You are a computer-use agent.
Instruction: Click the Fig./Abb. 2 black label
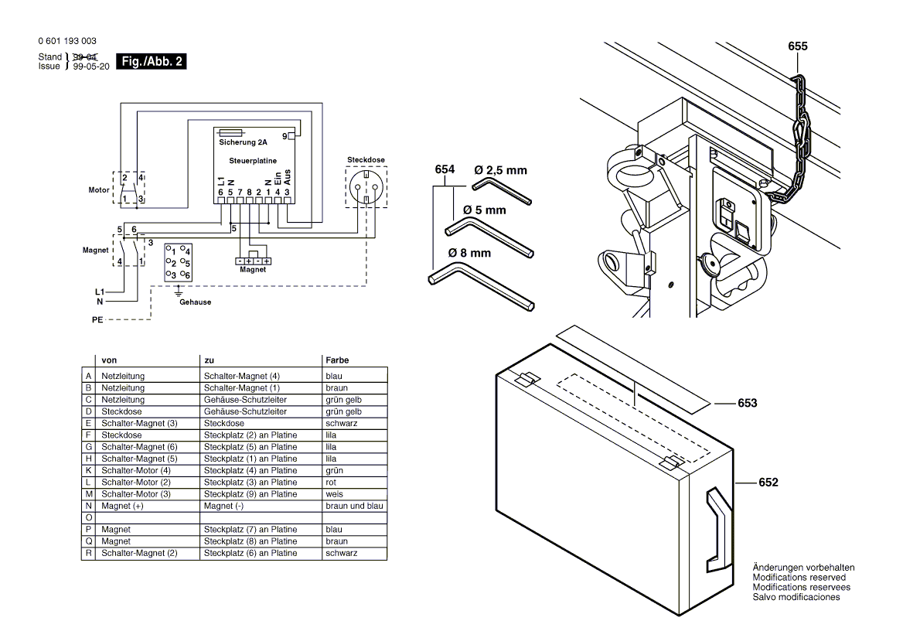click(x=150, y=61)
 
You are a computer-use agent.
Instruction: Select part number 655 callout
click(x=798, y=46)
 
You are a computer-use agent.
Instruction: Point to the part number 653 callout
click(x=747, y=403)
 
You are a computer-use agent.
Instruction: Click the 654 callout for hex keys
click(x=445, y=169)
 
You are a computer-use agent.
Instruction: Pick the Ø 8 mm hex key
click(x=479, y=286)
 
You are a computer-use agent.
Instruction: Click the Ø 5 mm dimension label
click(x=485, y=210)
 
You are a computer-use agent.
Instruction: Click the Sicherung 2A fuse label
click(x=243, y=143)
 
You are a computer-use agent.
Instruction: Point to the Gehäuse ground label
click(x=195, y=302)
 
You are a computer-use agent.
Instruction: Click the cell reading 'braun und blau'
click(x=353, y=506)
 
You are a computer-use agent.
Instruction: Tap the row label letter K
click(x=88, y=470)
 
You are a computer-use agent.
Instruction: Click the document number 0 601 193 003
click(x=66, y=40)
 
